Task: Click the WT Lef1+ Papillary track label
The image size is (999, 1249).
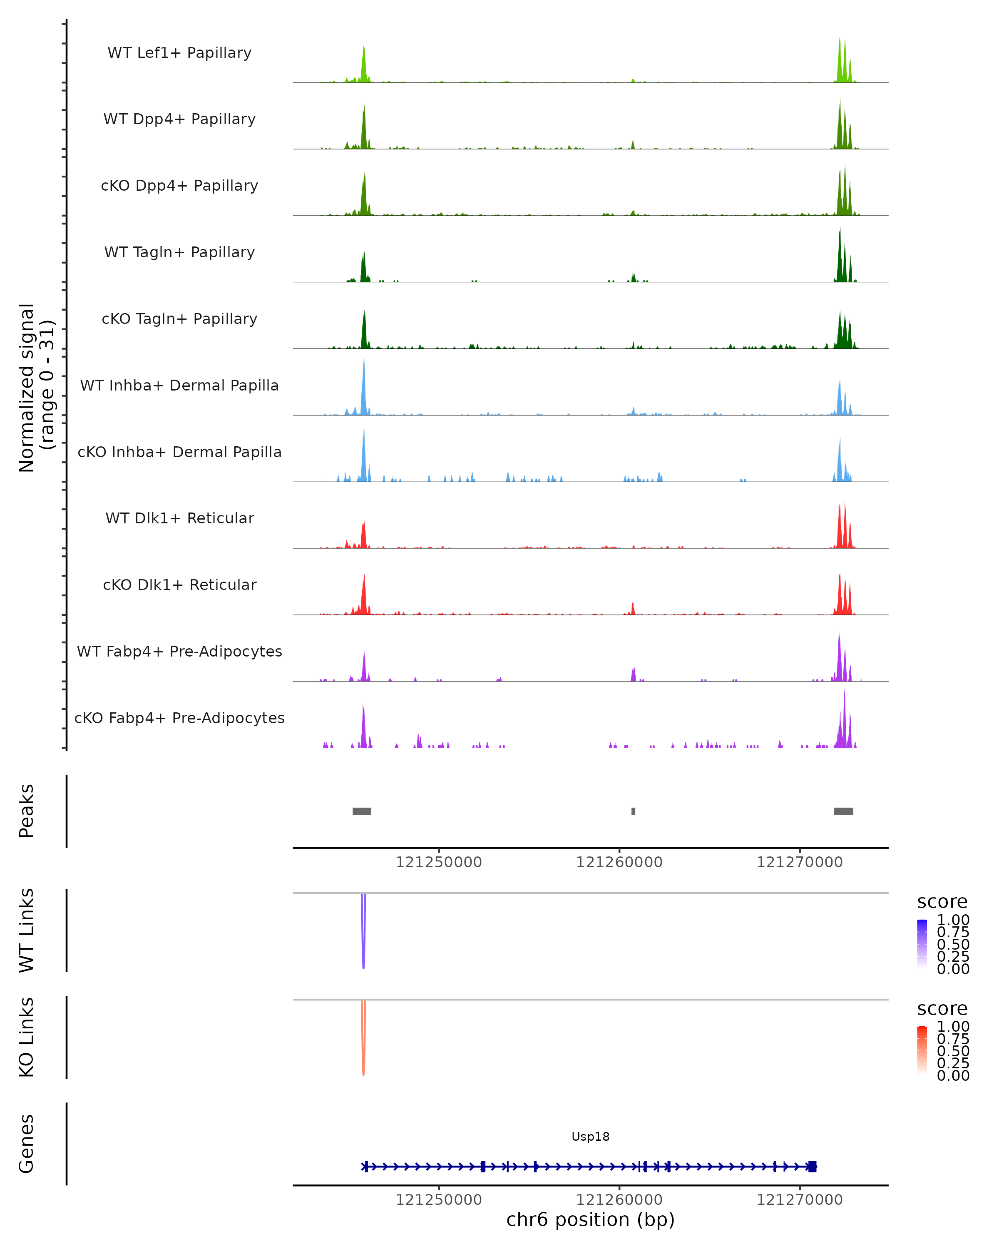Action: pyautogui.click(x=179, y=53)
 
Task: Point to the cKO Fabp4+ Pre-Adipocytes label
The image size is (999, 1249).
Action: pyautogui.click(x=179, y=718)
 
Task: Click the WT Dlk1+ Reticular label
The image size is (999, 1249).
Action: pyautogui.click(x=179, y=518)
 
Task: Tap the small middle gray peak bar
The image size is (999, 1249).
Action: pyautogui.click(x=633, y=811)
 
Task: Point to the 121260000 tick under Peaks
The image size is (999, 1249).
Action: pyautogui.click(x=619, y=862)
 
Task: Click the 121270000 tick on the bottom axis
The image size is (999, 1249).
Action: pyautogui.click(x=800, y=1200)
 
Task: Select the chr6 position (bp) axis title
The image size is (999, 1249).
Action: pyautogui.click(x=590, y=1219)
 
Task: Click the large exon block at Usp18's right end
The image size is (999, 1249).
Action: pyautogui.click(x=812, y=1166)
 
